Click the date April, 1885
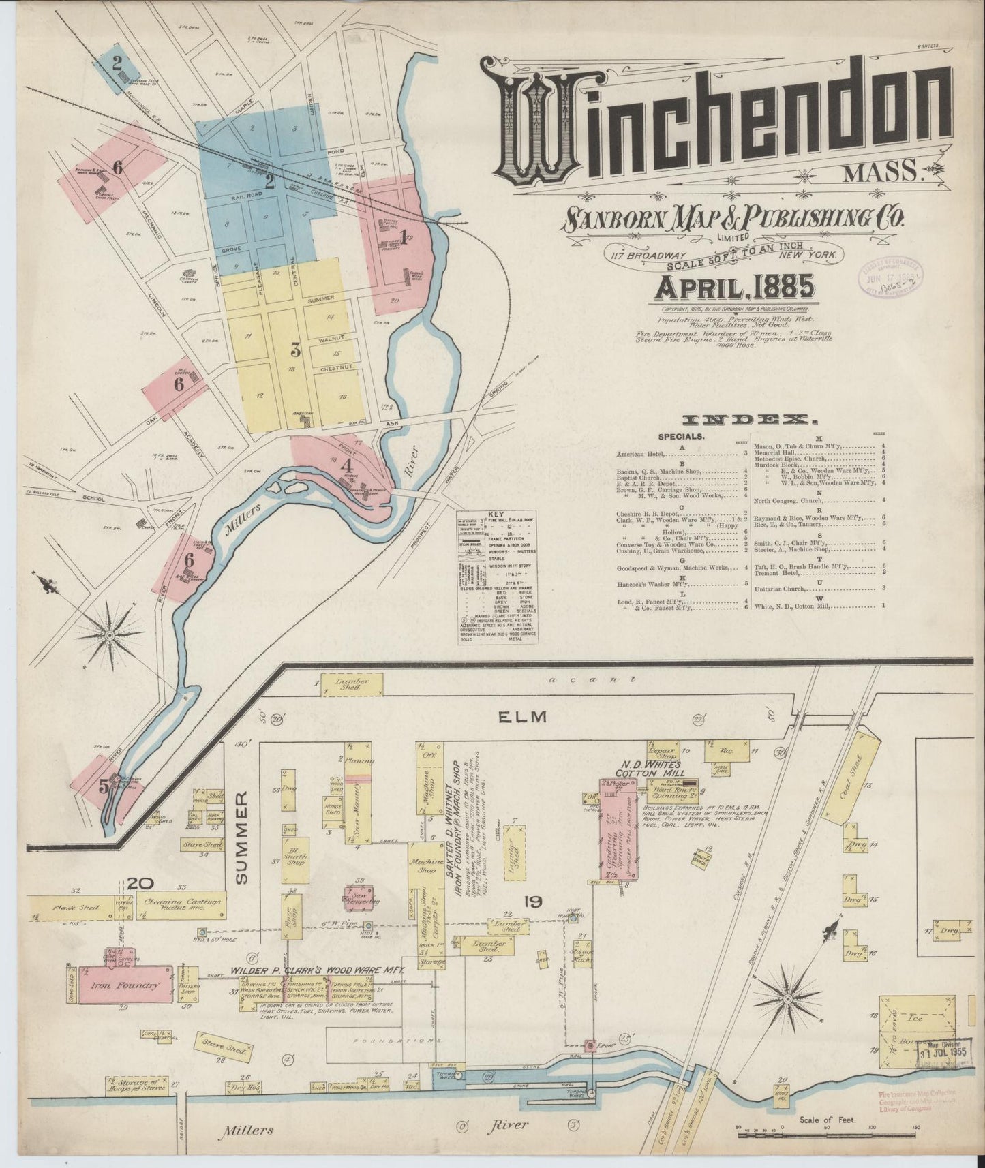pos(734,288)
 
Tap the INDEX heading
pos(746,420)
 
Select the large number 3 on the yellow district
pos(295,351)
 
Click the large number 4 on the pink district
pos(347,467)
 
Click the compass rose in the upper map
pos(110,634)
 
